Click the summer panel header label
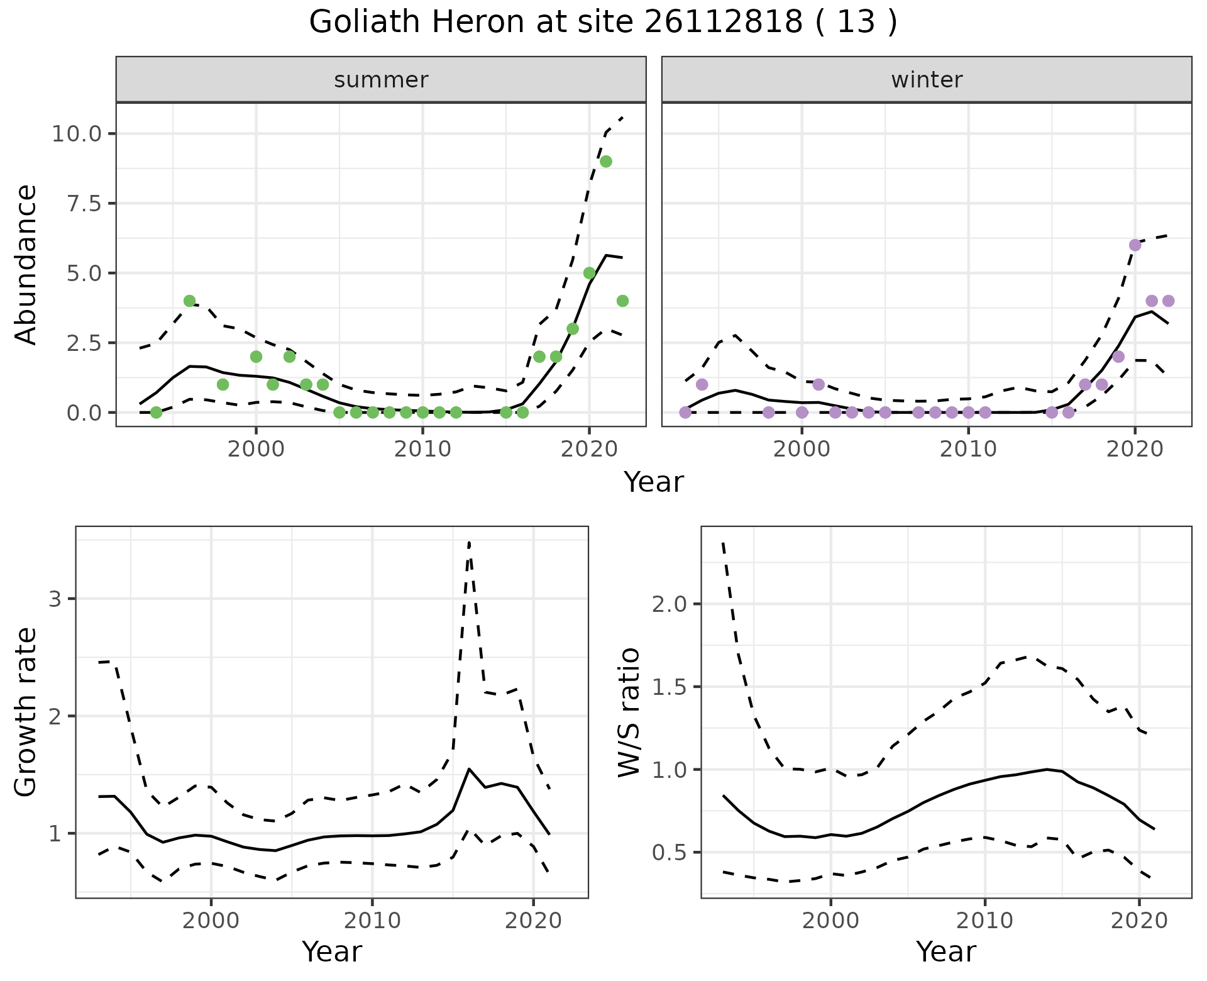pyautogui.click(x=381, y=80)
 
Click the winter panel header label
pyautogui.click(x=927, y=80)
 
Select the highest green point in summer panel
pyautogui.click(x=606, y=161)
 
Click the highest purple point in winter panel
pyautogui.click(x=1135, y=245)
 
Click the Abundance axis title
pyautogui.click(x=26, y=264)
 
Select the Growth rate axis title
pyautogui.click(x=26, y=712)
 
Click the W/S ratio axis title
pyautogui.click(x=629, y=712)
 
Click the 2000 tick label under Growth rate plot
pyautogui.click(x=211, y=921)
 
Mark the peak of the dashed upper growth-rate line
pyautogui.click(x=469, y=542)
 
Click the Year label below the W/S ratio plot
pyautogui.click(x=945, y=952)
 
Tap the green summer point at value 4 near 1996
pyautogui.click(x=189, y=301)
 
